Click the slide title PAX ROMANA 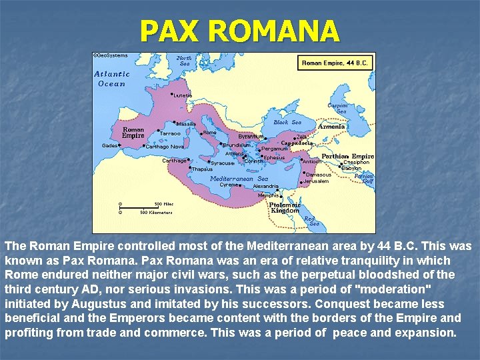239,31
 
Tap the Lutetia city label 183,95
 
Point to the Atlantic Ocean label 111,79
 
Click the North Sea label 185,61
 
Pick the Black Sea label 287,123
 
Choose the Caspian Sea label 337,108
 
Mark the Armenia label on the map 331,127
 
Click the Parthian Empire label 347,156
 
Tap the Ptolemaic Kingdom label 285,207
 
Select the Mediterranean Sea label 239,179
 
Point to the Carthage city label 175,161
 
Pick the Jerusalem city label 317,181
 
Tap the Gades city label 110,145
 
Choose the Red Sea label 311,221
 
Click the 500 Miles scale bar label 163,204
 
